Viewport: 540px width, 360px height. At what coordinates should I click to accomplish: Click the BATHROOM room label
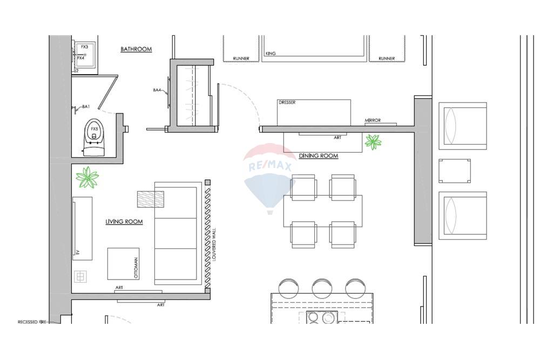(136, 49)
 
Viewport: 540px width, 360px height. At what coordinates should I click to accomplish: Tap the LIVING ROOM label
(124, 222)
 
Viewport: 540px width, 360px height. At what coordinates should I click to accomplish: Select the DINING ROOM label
(319, 156)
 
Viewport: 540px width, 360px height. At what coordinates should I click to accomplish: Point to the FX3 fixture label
(84, 47)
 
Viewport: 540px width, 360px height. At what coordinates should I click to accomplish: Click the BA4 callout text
(157, 90)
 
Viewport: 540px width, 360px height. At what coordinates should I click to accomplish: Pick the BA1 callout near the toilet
(85, 107)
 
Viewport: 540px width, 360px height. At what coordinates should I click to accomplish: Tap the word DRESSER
(287, 103)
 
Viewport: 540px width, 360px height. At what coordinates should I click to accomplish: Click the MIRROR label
(373, 120)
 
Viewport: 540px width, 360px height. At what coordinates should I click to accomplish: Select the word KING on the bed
(271, 54)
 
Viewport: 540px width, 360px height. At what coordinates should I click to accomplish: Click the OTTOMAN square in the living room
(123, 263)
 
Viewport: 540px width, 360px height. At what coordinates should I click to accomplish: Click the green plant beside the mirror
(373, 142)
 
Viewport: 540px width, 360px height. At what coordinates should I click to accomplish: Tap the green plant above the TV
(87, 178)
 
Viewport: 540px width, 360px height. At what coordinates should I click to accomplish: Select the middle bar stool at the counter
(322, 287)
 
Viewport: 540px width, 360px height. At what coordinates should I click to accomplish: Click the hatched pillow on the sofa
(151, 199)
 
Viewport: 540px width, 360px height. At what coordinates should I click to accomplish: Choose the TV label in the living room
(78, 252)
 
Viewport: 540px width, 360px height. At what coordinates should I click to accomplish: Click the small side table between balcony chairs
(454, 171)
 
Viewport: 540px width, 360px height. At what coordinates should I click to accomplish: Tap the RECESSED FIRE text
(32, 322)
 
